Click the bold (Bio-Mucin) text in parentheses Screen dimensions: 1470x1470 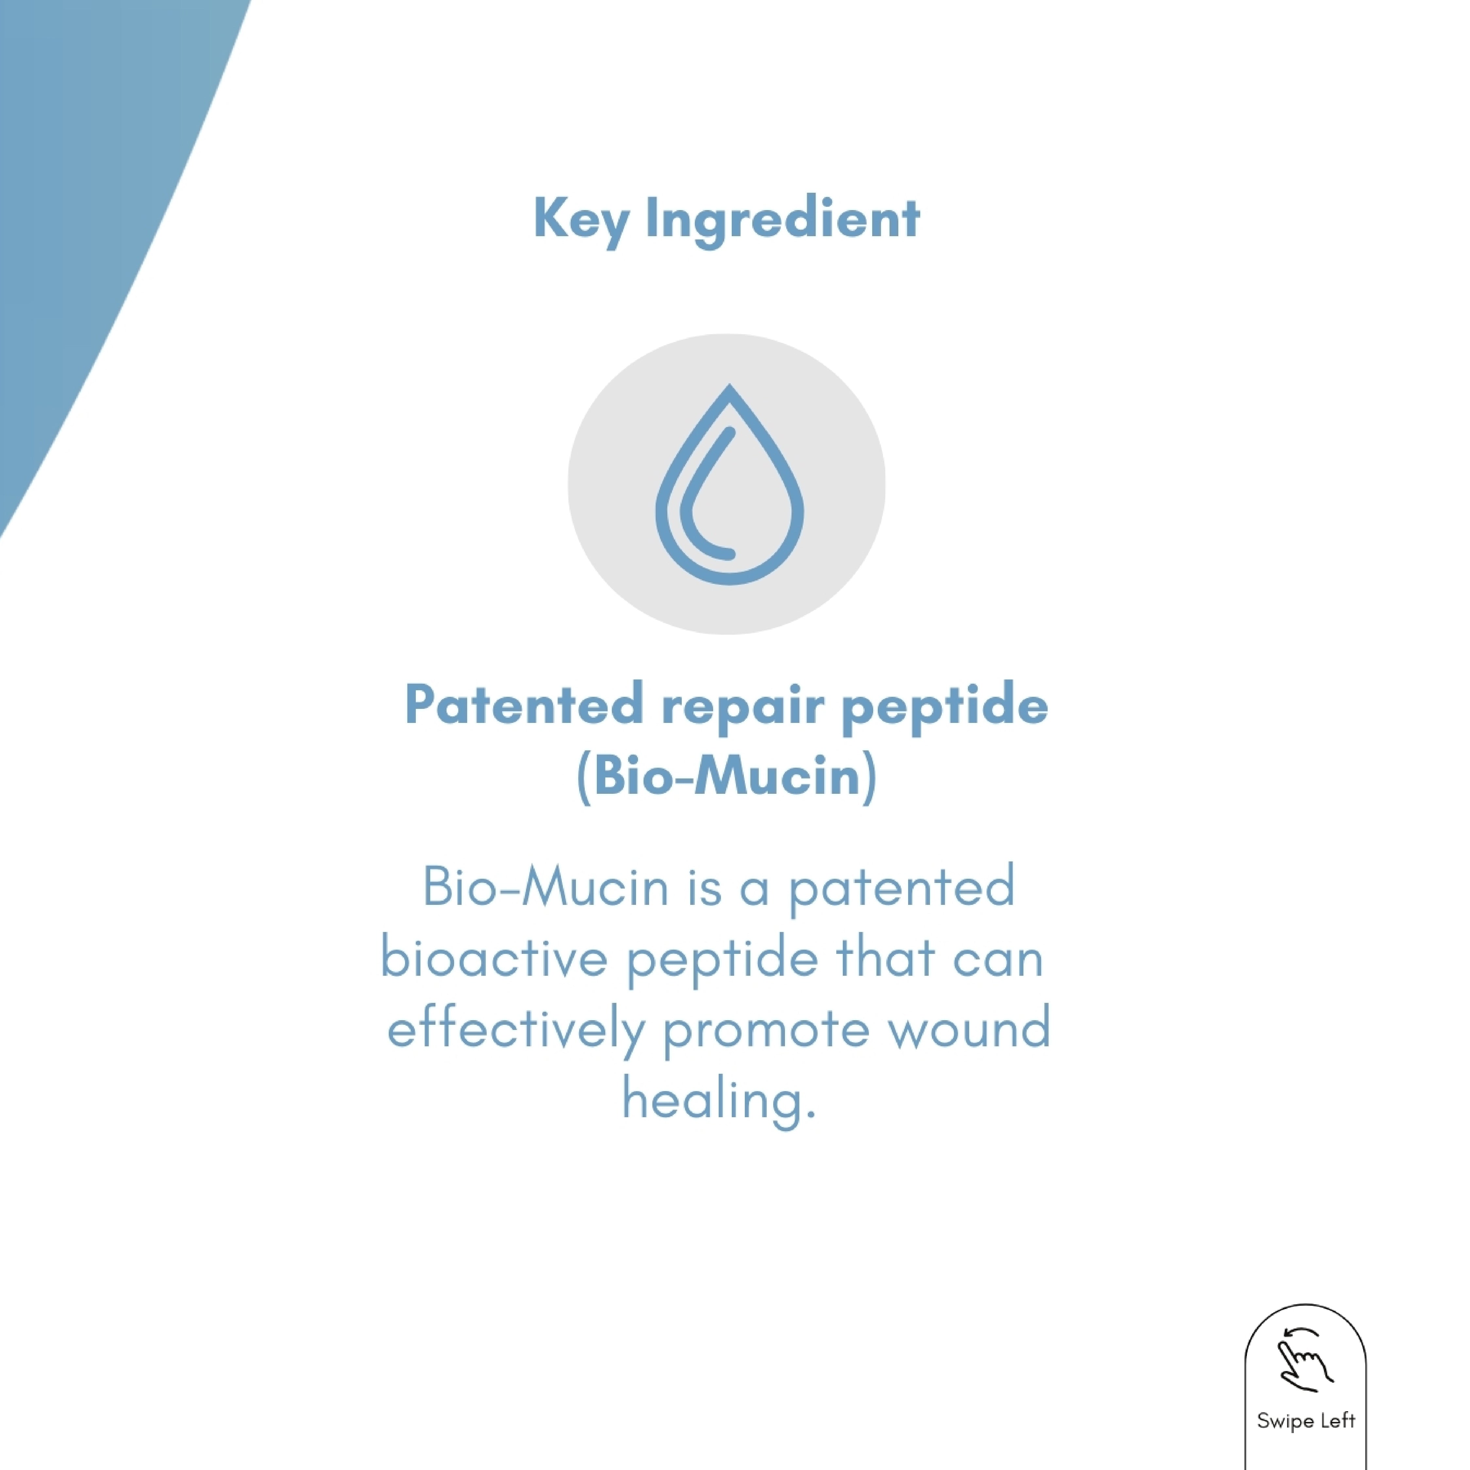(x=727, y=777)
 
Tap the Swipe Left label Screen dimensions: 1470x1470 (x=1306, y=1421)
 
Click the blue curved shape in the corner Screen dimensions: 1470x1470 (x=91, y=190)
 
